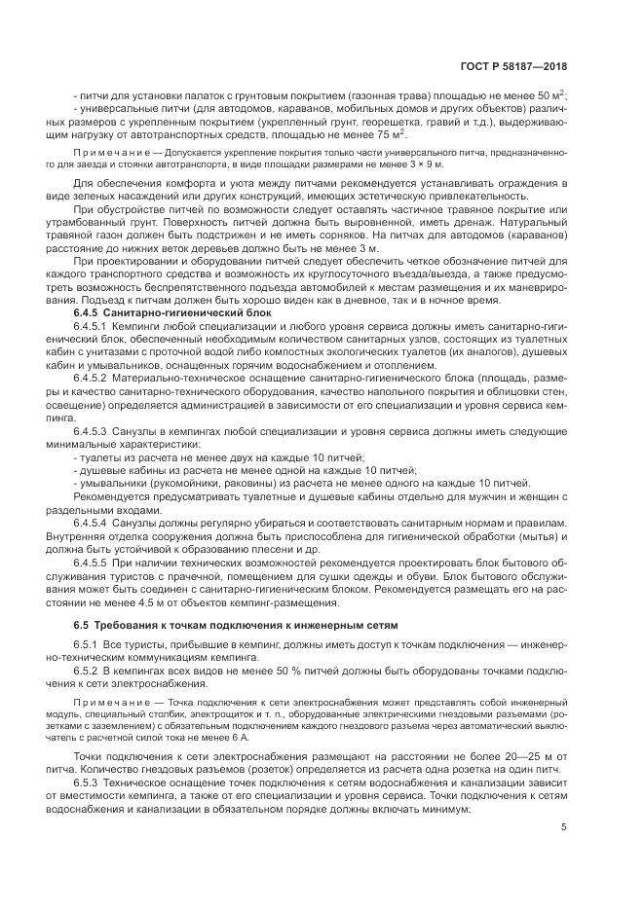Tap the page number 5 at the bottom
click(564, 827)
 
